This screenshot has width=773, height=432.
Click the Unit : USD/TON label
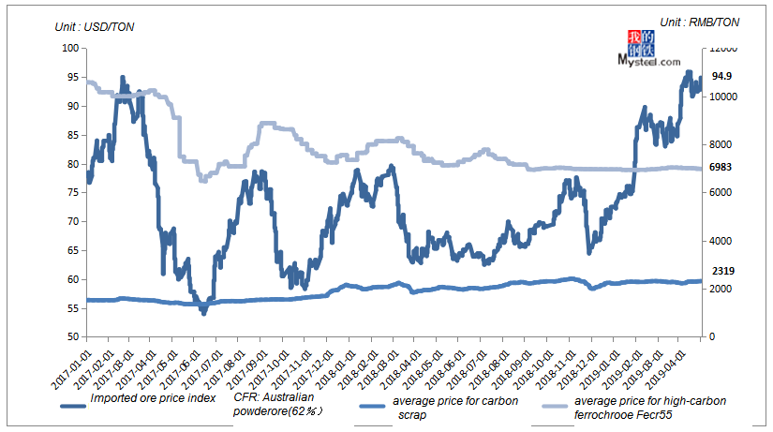(x=95, y=26)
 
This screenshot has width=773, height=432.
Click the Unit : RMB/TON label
(x=699, y=22)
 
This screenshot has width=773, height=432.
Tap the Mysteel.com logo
(x=649, y=50)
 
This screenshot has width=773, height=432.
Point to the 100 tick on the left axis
(x=69, y=49)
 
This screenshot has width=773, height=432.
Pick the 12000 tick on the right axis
(x=724, y=49)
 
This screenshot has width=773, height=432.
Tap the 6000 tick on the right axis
(x=721, y=193)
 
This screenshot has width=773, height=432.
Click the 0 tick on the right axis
(x=713, y=336)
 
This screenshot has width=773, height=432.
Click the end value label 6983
(x=721, y=166)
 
